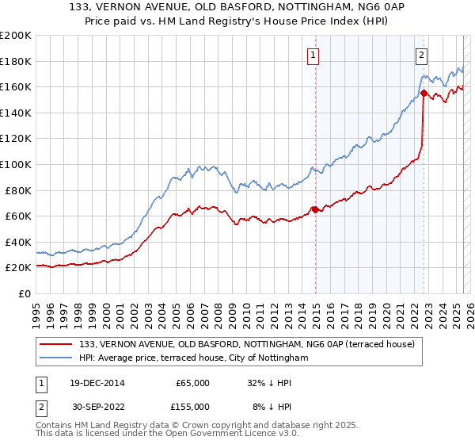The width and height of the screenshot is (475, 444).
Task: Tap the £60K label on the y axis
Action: point(17,216)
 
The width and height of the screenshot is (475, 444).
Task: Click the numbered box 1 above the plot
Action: point(314,55)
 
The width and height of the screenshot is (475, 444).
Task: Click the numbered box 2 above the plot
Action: point(421,55)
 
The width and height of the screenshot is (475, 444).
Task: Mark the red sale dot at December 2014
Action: point(315,209)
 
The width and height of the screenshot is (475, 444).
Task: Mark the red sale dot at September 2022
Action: point(424,94)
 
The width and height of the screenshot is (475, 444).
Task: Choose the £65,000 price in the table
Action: point(192,383)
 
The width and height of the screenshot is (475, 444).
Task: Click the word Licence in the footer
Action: point(218,435)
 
